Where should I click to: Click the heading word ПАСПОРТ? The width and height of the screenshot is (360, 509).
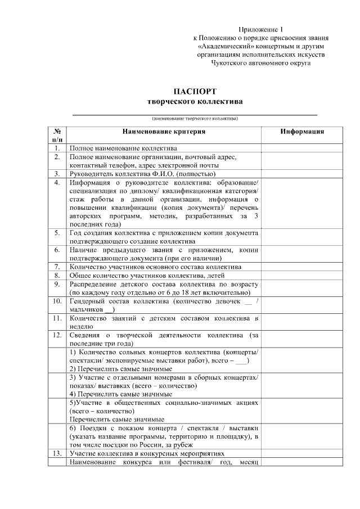coord(195,91)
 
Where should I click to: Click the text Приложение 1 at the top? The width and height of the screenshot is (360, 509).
coord(259,29)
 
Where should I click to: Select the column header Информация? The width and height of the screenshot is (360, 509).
coord(302,132)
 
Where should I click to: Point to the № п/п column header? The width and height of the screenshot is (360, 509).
coord(57,136)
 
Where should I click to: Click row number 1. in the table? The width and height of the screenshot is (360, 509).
coord(57,148)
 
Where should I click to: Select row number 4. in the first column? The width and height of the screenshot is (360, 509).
coord(57,183)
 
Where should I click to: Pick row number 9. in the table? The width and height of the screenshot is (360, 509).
coord(57,285)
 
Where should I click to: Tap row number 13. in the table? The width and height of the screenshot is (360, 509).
coord(57,453)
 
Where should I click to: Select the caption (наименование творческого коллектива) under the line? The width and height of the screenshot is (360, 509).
coord(195,119)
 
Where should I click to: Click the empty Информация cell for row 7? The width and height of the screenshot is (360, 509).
coord(302,267)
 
